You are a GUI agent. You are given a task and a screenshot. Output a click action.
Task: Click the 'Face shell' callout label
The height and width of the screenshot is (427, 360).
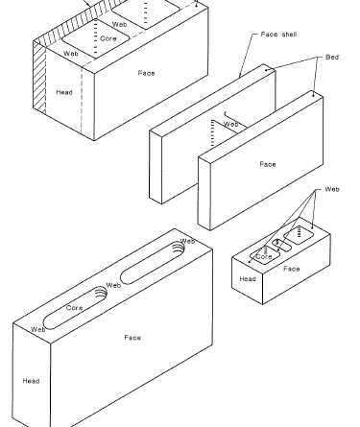coord(278,35)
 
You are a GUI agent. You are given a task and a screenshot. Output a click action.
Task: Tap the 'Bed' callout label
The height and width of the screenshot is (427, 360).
coord(332,57)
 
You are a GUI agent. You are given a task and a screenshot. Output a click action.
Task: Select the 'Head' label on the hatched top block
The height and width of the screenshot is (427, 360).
coord(64,92)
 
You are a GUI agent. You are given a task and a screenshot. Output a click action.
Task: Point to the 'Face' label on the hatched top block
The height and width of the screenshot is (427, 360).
coord(147,73)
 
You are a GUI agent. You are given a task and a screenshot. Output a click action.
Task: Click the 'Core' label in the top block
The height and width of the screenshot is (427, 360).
coord(108,38)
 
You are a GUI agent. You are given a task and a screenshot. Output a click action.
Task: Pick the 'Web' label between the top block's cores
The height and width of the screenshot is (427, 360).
coord(119,24)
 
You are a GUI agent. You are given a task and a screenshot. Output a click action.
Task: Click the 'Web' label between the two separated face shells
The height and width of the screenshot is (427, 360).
coord(230,124)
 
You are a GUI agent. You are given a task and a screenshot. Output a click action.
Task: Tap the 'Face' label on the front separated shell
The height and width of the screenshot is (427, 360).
coord(268,164)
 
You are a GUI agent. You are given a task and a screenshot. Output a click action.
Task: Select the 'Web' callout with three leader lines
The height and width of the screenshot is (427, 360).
coord(332,189)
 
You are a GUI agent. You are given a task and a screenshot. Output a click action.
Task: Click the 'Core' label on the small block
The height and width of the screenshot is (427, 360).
coord(264,256)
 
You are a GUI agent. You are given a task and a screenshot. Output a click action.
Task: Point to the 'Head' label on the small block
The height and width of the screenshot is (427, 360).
coord(248,279)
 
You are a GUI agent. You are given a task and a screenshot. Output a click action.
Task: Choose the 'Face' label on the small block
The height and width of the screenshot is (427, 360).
coord(292,269)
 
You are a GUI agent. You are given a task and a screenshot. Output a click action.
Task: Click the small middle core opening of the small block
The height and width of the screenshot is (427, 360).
coord(281,245)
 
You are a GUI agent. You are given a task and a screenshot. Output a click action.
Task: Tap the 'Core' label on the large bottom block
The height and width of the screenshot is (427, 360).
coord(75,308)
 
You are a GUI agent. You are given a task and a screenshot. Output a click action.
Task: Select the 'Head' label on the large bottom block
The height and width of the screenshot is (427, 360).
coord(31,381)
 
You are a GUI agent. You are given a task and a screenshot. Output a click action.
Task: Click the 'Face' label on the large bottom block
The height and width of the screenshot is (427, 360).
coord(132,338)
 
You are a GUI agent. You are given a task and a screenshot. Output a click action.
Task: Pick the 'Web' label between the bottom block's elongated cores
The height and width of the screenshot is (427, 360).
coord(113,285)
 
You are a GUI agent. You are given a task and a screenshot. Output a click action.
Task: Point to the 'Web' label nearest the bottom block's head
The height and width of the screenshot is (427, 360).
coord(38,329)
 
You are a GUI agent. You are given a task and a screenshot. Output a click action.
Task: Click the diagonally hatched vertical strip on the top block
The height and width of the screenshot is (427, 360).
coord(39,79)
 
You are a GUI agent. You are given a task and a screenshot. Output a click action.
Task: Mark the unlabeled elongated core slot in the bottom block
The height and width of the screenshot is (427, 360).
coord(153,263)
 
